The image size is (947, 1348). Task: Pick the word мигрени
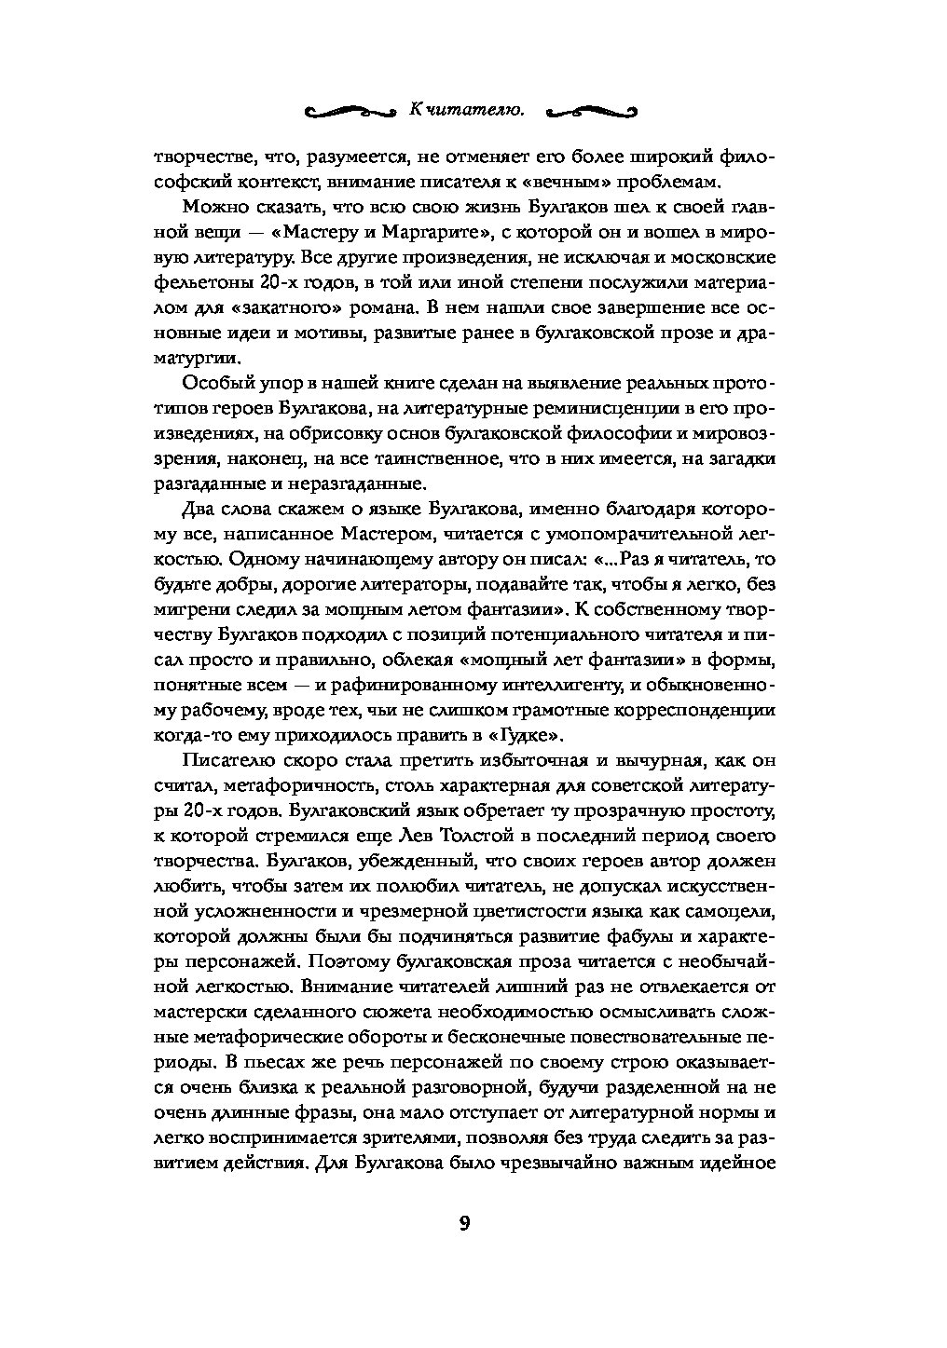(189, 611)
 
